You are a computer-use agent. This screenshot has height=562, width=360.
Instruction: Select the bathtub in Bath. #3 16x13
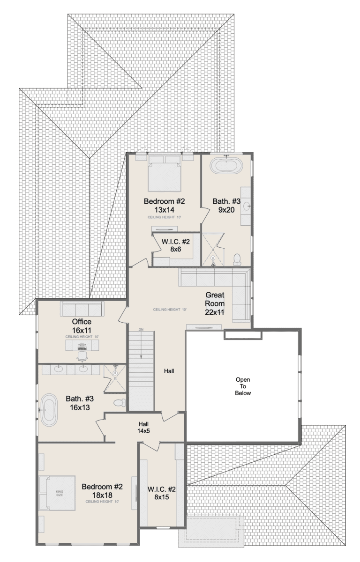click(x=49, y=410)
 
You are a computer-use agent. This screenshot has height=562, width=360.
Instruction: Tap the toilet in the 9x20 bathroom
click(x=237, y=258)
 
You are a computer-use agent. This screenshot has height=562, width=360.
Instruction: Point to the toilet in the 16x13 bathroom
click(x=120, y=402)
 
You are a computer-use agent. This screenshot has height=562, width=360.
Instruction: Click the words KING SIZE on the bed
click(x=60, y=493)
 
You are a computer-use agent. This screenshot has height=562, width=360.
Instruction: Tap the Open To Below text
click(x=243, y=386)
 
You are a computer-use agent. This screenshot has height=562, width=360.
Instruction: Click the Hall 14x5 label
click(x=143, y=428)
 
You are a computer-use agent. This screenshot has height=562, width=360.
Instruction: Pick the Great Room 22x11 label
click(x=215, y=303)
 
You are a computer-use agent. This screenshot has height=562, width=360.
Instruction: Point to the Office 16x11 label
click(x=82, y=326)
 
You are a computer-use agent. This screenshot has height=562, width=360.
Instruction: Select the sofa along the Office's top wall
click(x=82, y=310)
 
